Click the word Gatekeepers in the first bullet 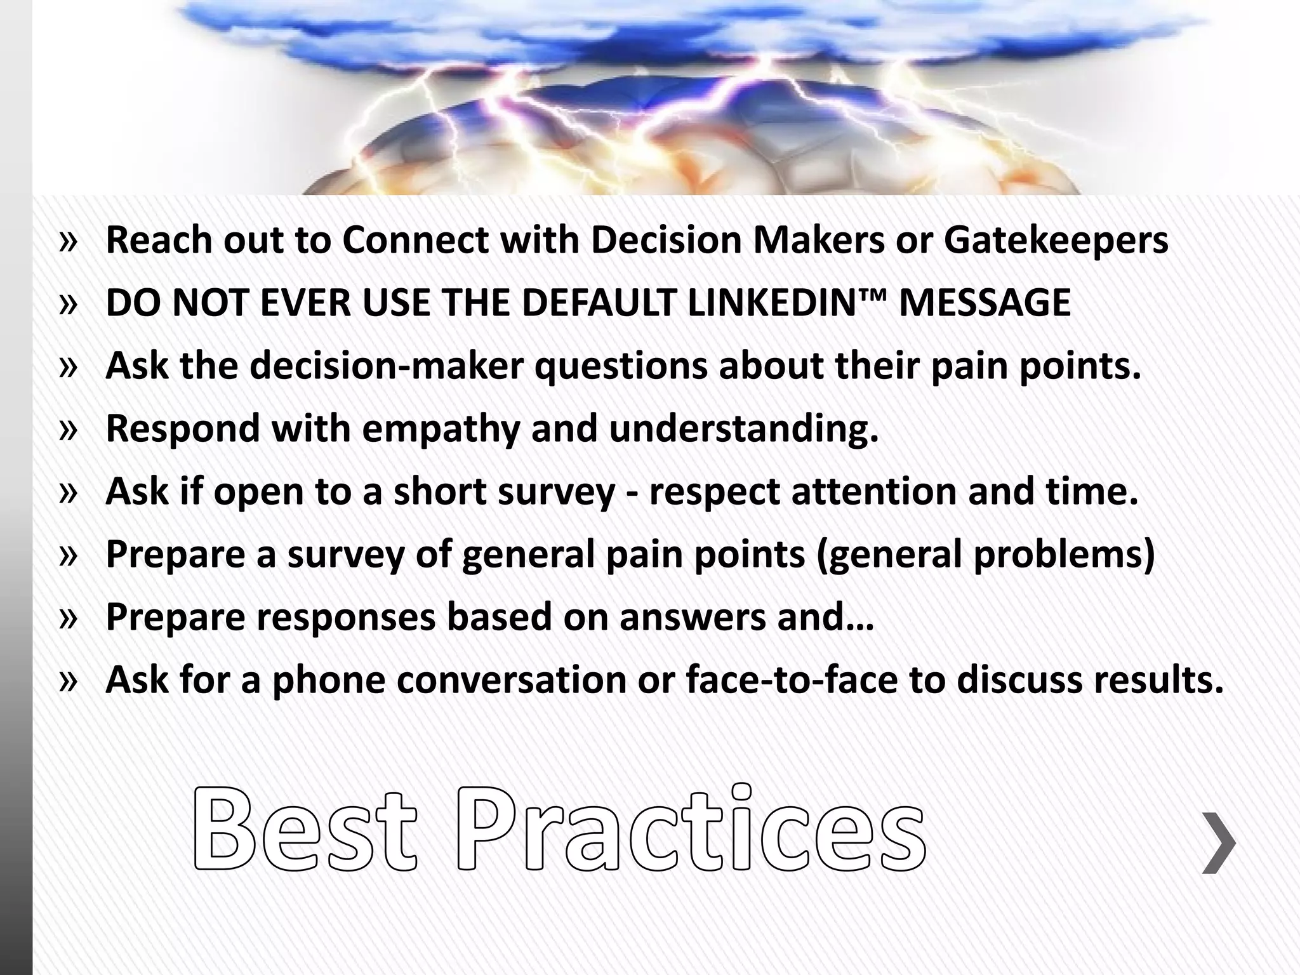point(1056,241)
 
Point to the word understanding point(743,428)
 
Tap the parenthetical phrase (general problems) point(985,554)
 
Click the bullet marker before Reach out point(68,241)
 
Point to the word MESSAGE point(985,303)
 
